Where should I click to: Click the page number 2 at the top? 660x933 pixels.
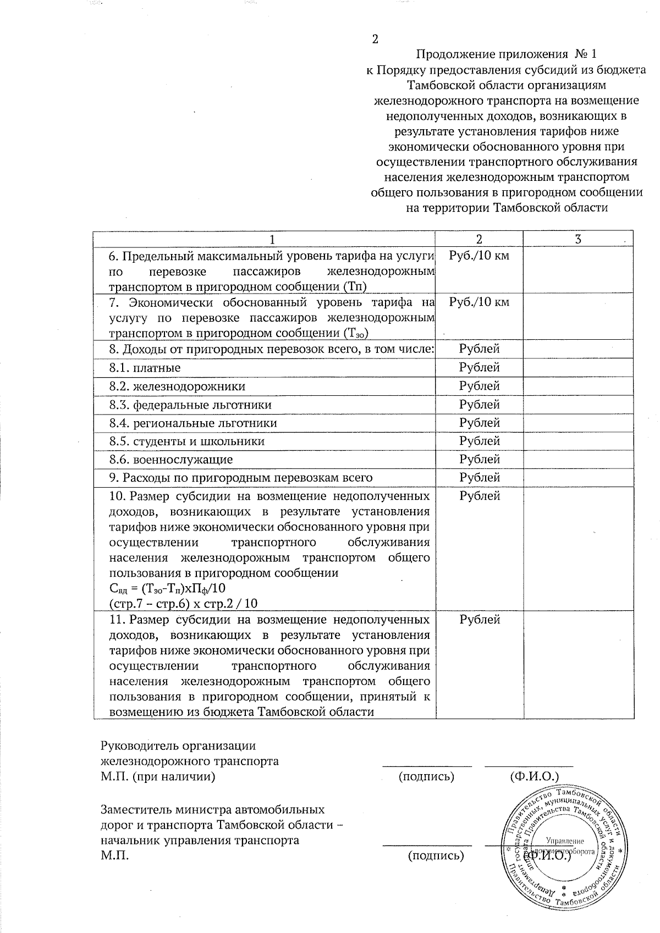click(x=376, y=39)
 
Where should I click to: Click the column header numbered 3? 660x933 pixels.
click(x=577, y=239)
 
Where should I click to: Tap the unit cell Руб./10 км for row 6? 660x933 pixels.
click(x=479, y=256)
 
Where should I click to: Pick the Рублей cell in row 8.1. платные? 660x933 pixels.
click(x=479, y=367)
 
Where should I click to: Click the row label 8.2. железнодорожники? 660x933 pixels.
click(x=177, y=386)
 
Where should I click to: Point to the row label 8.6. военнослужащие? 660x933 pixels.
click(x=170, y=459)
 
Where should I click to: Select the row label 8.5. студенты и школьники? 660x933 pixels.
click(x=186, y=441)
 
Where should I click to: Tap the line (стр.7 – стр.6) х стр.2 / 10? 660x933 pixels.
click(x=183, y=603)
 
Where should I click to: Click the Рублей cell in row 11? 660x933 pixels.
click(x=479, y=620)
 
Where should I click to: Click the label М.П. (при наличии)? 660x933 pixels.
click(x=157, y=777)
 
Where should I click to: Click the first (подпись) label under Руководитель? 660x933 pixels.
click(x=426, y=777)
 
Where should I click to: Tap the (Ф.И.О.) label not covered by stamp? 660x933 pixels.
click(x=534, y=777)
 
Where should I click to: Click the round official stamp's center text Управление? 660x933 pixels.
click(x=565, y=841)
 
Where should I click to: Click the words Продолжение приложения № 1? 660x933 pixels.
click(x=505, y=54)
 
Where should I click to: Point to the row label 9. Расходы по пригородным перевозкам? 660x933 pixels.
click(x=240, y=477)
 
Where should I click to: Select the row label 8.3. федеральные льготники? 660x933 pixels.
click(x=190, y=405)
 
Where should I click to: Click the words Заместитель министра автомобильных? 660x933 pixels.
click(x=212, y=809)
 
